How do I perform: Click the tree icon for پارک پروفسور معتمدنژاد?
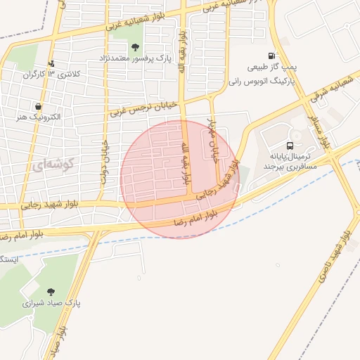click(135, 46)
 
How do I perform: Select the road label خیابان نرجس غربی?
click(143, 109)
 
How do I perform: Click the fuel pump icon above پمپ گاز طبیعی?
click(270, 56)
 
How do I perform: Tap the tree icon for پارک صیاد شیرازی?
click(50, 291)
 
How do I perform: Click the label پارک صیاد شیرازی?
click(52, 304)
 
